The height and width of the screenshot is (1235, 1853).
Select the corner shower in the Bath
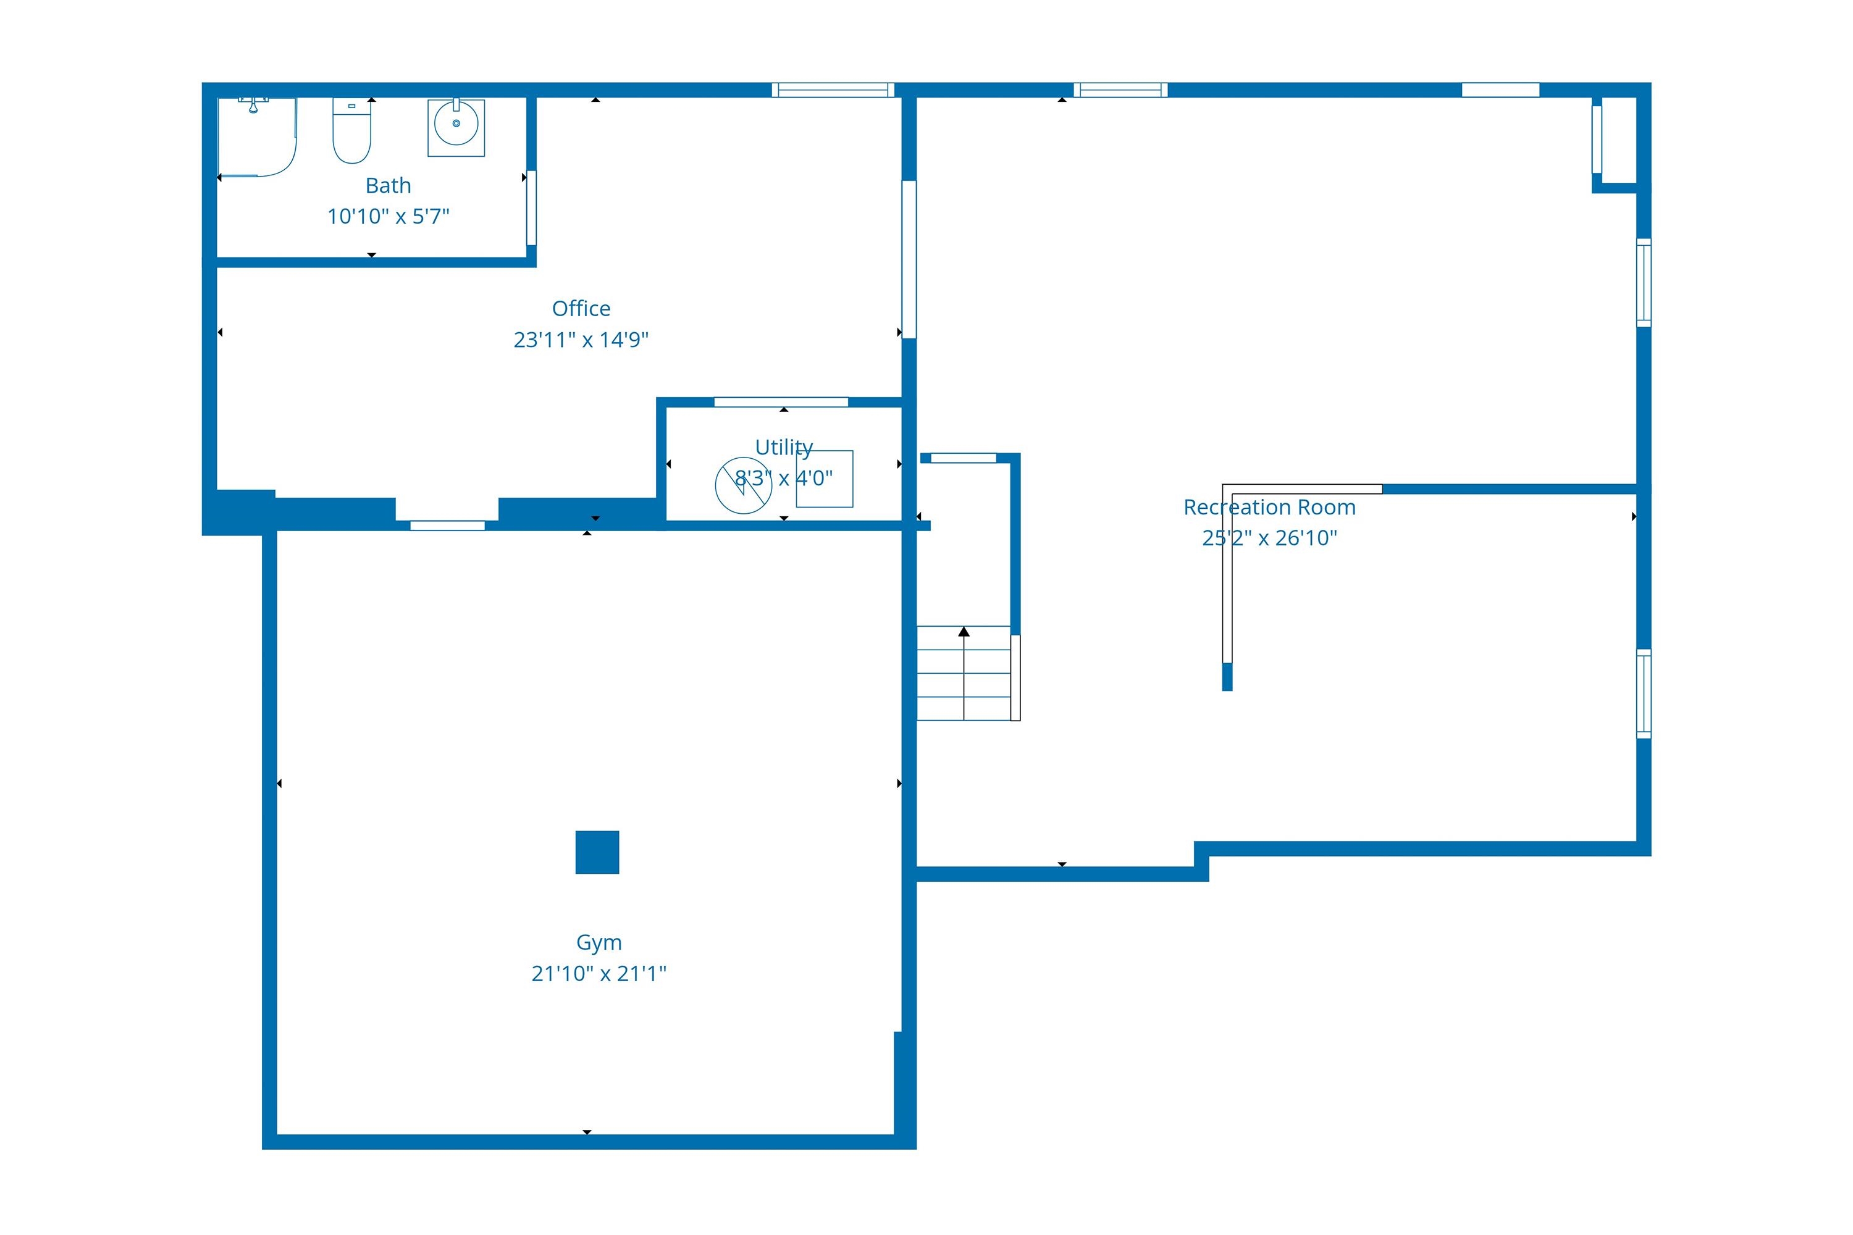257,137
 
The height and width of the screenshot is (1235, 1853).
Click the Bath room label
389,185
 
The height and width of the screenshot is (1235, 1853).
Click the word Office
581,308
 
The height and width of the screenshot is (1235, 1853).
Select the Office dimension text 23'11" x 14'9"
581,340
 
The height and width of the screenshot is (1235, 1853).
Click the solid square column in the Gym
597,852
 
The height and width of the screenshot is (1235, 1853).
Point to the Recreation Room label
1269,507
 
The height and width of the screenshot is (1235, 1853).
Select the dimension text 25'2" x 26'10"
1269,538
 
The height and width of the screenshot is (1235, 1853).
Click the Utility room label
784,447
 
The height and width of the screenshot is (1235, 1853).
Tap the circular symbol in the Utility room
743,485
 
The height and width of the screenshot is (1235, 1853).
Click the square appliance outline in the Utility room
824,479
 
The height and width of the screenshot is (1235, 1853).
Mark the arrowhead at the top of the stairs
964,632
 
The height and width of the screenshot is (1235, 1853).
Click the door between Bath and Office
531,208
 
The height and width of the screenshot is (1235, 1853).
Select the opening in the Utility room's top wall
781,403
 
